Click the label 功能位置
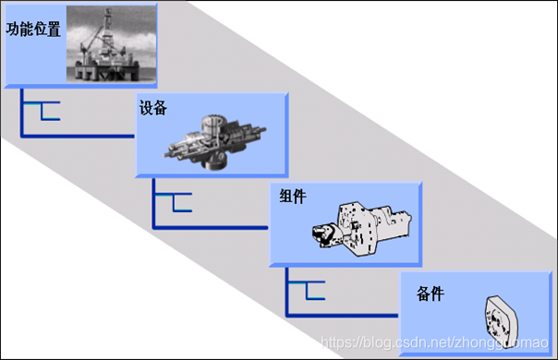pos(33,29)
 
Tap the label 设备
pos(153,107)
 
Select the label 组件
pos(293,196)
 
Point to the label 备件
pos(431,294)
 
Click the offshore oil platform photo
pos(112,44)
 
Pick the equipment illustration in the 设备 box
pos(215,142)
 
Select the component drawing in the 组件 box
pos(361,229)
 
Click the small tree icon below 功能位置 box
pos(42,111)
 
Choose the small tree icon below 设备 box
pos(174,202)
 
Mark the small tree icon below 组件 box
pos(307,290)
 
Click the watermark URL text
pos(434,342)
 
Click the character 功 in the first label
pos(12,29)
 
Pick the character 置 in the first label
pos(54,30)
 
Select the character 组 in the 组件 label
pos(286,196)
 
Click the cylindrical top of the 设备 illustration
pos(212,124)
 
